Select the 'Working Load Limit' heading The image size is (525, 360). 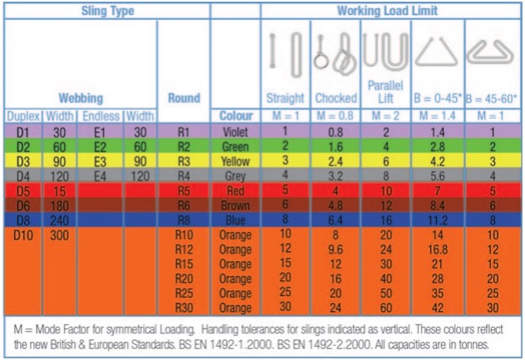(387, 10)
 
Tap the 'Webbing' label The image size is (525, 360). (81, 98)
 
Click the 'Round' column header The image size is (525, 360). (184, 98)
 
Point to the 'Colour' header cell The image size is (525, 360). (235, 116)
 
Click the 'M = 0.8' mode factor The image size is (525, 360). (336, 116)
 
